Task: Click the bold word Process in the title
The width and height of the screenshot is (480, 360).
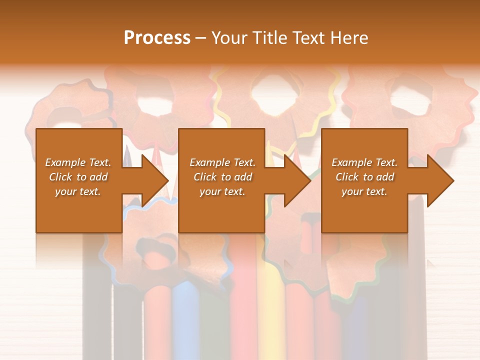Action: coord(157,38)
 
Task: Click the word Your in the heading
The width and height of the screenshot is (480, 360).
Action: coord(230,38)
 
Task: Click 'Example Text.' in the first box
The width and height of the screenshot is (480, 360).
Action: coord(78,162)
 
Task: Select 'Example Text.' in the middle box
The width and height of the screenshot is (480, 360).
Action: coord(222,162)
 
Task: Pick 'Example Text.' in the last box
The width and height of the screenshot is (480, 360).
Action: coord(364,162)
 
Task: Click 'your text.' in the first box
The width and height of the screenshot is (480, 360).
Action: coord(78,191)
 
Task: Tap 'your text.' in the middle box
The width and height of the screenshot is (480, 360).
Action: coord(222,191)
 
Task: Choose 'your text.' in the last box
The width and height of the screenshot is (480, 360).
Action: coord(364,191)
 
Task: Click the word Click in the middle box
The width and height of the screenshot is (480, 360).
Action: coord(205,177)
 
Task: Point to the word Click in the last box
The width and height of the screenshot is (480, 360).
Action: coord(347,177)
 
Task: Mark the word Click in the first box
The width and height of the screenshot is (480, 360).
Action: coord(60,177)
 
